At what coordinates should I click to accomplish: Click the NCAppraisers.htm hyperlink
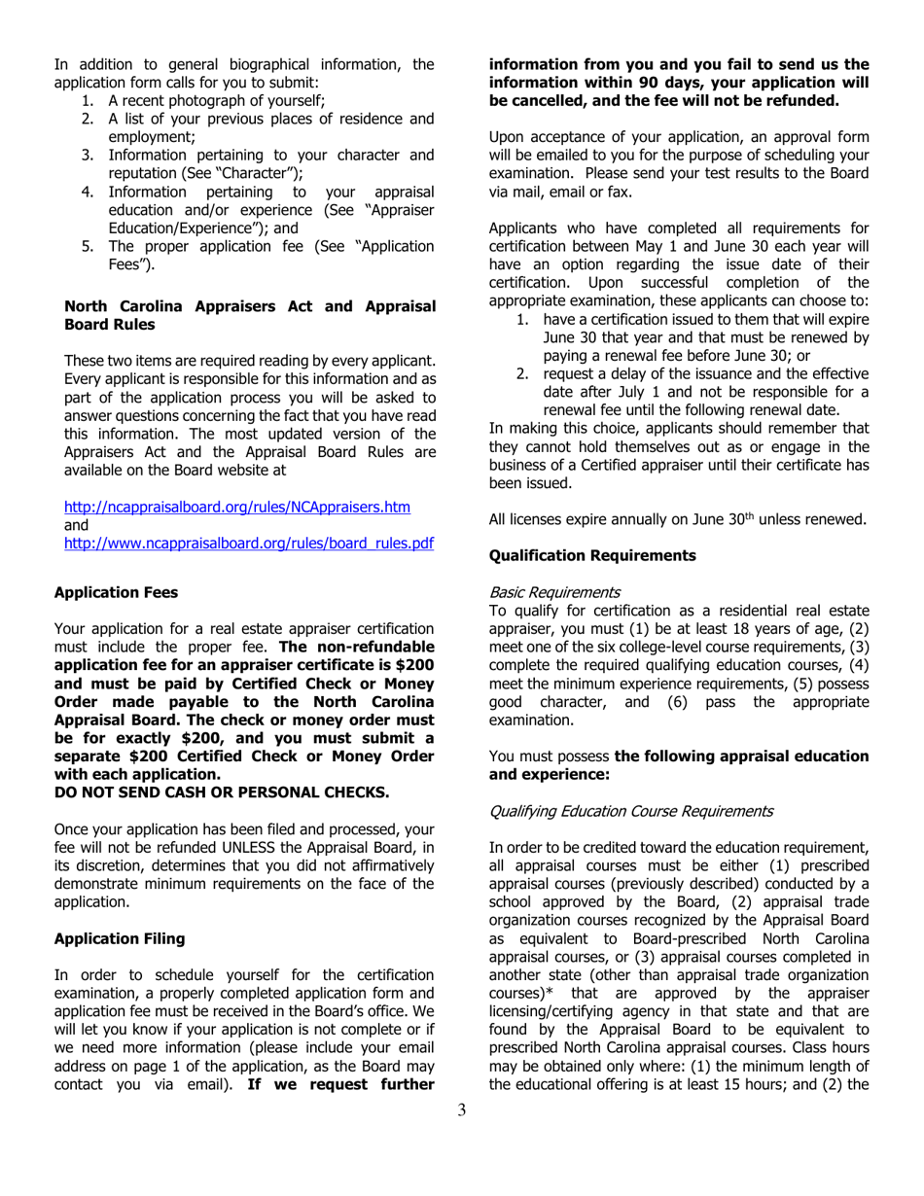point(236,508)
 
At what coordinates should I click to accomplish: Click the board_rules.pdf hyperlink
point(248,544)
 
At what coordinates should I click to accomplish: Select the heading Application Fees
point(116,592)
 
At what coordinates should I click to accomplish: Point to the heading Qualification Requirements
point(592,555)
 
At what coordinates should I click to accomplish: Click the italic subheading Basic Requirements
point(554,592)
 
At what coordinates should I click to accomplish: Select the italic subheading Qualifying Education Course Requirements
point(631,810)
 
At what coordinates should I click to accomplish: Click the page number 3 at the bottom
point(462,1110)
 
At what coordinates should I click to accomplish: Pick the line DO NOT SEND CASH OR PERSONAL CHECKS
point(222,792)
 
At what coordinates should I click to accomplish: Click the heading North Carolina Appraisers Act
point(249,305)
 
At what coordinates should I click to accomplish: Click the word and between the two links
point(76,525)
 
